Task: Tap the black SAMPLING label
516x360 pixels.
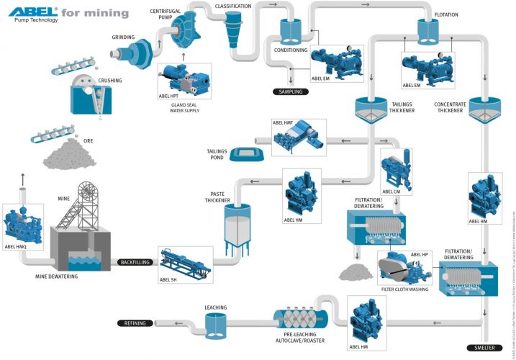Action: [x=291, y=91]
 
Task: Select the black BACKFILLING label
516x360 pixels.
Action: [x=135, y=262]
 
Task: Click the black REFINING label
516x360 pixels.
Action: [x=135, y=324]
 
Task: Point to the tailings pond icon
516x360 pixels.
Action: [x=248, y=153]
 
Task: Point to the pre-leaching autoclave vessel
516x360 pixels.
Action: [x=299, y=316]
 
